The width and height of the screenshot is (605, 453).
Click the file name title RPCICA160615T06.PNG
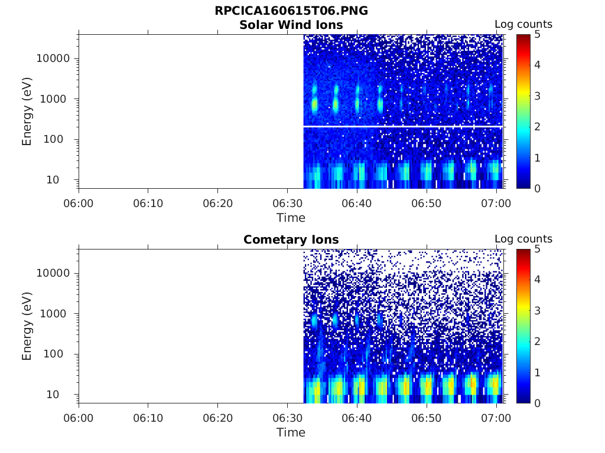tap(291, 11)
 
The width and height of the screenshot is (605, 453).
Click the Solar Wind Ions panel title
tap(291, 25)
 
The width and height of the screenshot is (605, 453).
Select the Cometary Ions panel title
tap(291, 239)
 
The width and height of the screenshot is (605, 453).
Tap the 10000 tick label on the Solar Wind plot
tap(53, 59)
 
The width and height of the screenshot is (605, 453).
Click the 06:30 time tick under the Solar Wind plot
tap(287, 203)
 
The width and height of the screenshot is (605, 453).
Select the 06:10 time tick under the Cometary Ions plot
tap(148, 418)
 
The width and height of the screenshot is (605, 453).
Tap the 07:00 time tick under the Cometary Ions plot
tap(496, 418)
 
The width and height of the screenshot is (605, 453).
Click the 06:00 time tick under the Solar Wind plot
tap(79, 203)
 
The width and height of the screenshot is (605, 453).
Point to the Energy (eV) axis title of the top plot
tap(27, 111)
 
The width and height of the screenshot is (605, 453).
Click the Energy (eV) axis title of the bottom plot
tap(27, 326)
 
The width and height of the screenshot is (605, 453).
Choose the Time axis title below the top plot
tap(291, 218)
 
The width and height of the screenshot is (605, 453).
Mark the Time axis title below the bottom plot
tap(291, 432)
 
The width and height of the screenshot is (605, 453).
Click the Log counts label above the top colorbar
tap(523, 25)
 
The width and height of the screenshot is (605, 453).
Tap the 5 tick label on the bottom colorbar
tap(536, 250)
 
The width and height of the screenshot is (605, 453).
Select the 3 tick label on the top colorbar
tap(536, 96)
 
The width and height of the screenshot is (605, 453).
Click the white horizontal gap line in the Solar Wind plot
tap(402, 126)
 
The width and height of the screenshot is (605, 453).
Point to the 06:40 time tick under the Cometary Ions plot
tap(357, 418)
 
